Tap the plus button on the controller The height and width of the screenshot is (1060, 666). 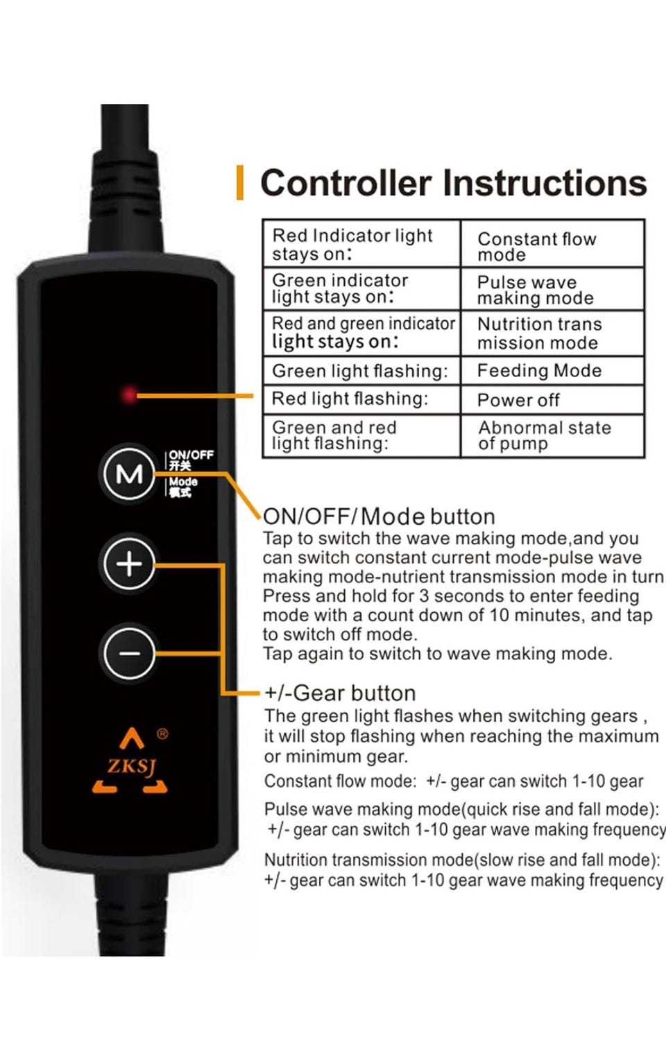point(129,564)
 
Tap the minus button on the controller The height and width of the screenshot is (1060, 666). point(129,654)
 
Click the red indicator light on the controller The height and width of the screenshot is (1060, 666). point(128,394)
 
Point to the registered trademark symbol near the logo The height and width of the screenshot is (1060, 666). point(162,734)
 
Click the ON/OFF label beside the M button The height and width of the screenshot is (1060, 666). point(191,455)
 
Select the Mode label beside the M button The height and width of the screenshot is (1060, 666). point(183,482)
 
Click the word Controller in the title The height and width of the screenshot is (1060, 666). point(345,183)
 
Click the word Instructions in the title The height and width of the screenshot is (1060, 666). point(545,183)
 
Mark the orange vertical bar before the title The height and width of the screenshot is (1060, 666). point(240,182)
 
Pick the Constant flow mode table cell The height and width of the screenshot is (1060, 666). point(552,243)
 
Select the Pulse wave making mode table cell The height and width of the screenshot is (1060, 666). point(552,289)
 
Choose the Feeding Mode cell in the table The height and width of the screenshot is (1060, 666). point(552,370)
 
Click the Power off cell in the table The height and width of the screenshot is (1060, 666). point(552,400)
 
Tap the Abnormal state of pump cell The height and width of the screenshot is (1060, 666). point(552,436)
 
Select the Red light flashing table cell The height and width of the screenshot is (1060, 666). point(361,400)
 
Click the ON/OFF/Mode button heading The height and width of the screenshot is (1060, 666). point(379,516)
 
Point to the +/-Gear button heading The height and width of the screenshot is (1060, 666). point(340,693)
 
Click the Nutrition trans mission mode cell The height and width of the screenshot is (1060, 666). point(552,333)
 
